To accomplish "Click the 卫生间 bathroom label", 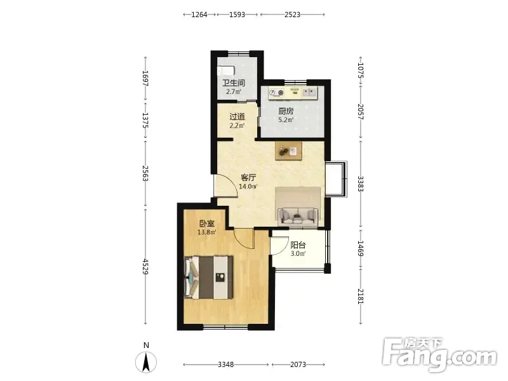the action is coord(233,83).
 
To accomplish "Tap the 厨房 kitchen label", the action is coord(286,112).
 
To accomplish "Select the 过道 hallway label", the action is coord(237,117).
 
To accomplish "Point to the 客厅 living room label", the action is coord(248,178).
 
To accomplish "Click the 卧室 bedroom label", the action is coord(207,224).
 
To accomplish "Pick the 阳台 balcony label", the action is coord(298,245).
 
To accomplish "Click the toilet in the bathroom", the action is coord(226,70).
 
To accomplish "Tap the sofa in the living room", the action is coord(298,216).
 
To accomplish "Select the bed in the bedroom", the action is coord(209,277).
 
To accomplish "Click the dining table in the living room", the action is coord(289,151).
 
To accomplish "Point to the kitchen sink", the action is coord(309,93).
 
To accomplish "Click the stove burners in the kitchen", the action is coord(277,93).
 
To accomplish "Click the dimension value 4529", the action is coord(145,267).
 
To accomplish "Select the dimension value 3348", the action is coord(226,364).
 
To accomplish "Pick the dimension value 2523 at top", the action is coord(292,15).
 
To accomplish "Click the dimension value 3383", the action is coord(361,184).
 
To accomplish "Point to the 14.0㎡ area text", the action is coord(248,187).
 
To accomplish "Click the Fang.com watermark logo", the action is coord(439,355).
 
